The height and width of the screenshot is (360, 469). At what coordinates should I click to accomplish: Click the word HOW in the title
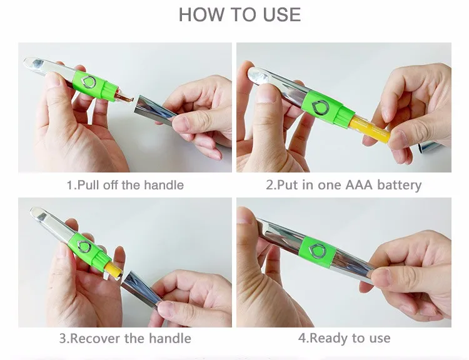[x=201, y=14]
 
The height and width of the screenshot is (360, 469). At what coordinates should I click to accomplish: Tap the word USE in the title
[x=282, y=14]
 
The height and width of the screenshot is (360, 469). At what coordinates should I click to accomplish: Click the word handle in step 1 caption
[x=164, y=185]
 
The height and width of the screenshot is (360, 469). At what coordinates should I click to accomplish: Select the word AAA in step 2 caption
[x=359, y=185]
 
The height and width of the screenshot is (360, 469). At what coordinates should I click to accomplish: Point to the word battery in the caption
[x=400, y=185]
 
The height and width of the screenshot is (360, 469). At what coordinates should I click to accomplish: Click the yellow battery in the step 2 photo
[x=370, y=129]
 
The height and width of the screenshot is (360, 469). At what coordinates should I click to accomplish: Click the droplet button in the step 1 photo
[x=89, y=82]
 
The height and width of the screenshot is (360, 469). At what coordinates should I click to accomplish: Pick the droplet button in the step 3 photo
[x=84, y=246]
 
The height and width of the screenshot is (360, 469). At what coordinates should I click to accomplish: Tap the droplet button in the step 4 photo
[x=317, y=251]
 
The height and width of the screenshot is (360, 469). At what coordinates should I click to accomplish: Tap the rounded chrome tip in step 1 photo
[x=34, y=63]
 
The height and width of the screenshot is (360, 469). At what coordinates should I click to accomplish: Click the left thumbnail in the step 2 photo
[x=265, y=94]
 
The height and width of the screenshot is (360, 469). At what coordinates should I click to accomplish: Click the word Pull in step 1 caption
[x=89, y=185]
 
